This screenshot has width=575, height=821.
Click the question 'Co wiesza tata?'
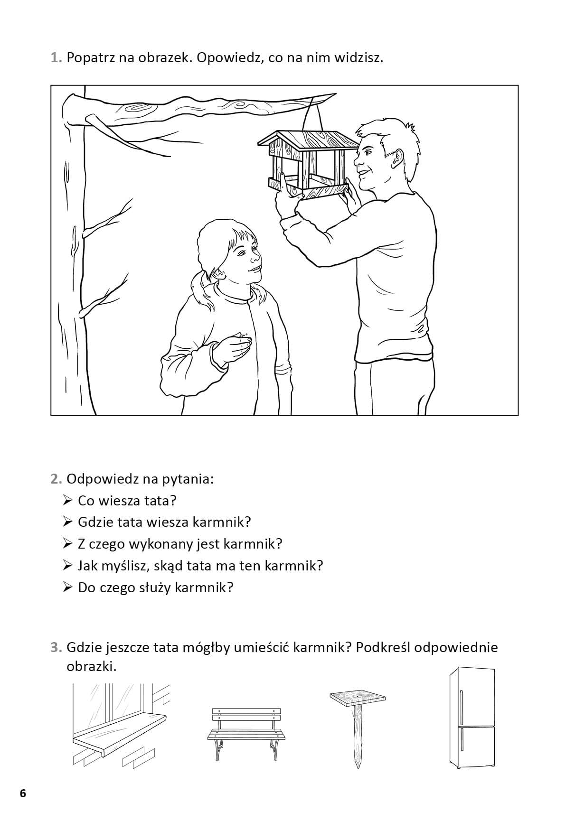click(127, 500)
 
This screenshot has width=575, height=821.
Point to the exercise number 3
click(57, 647)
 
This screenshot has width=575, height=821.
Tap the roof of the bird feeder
click(308, 140)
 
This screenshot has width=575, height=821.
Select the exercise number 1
click(57, 58)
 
